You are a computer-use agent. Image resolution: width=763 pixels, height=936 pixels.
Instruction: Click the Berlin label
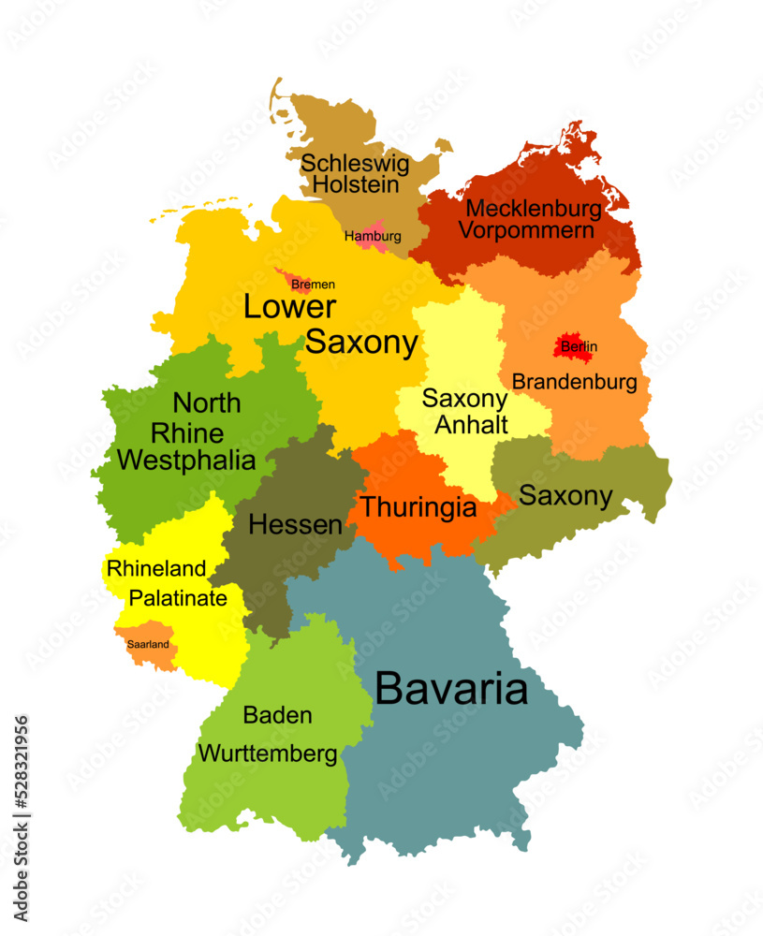click(x=579, y=347)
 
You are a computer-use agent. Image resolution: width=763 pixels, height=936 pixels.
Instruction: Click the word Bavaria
click(x=451, y=690)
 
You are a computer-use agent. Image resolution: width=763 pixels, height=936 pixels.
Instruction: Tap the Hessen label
click(x=295, y=525)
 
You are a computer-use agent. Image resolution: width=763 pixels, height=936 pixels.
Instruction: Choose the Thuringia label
click(x=418, y=508)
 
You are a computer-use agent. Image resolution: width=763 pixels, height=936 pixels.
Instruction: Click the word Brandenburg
click(x=575, y=382)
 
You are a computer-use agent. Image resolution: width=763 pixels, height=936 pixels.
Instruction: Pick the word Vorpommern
click(x=526, y=230)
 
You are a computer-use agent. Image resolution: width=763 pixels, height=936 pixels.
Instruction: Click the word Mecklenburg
click(x=534, y=208)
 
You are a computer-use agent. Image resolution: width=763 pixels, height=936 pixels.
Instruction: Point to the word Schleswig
click(x=355, y=163)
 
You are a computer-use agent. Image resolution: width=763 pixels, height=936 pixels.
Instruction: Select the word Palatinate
click(x=178, y=598)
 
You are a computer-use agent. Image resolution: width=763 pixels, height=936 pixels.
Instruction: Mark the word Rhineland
click(x=156, y=568)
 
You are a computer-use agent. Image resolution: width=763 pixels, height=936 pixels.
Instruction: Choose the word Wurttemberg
click(x=268, y=753)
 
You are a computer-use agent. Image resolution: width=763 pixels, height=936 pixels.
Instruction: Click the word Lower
click(x=289, y=308)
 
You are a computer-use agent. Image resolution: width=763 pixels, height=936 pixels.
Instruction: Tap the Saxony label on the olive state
click(x=565, y=496)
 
